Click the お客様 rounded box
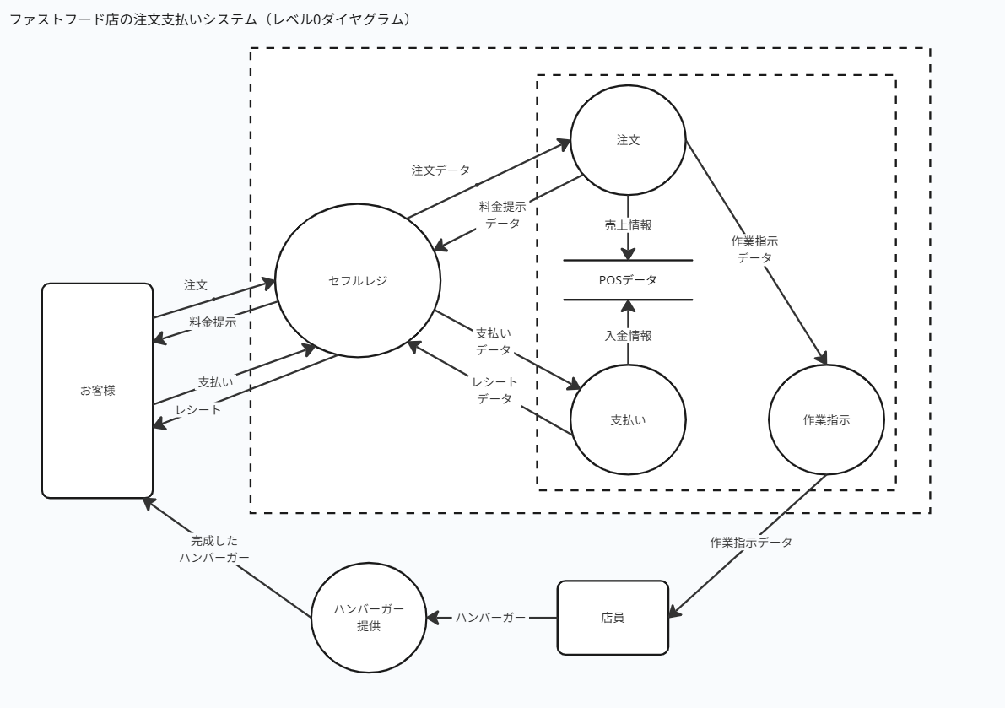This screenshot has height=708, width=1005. tap(97, 390)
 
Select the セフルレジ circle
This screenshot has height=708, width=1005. tap(358, 281)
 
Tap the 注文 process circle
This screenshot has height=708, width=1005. tap(628, 140)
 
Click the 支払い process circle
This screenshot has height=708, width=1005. tap(628, 420)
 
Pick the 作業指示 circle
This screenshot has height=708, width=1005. tap(826, 420)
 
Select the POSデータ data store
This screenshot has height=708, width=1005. tap(628, 279)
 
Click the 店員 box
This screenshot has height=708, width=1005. tap(613, 617)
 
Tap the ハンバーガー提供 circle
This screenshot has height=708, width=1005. tap(369, 619)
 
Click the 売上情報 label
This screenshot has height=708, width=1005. tap(628, 225)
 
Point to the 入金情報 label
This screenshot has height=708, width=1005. tap(628, 335)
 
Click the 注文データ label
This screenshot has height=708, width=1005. tap(440, 170)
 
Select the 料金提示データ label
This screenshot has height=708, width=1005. tap(502, 214)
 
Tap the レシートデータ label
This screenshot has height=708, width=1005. tap(494, 391)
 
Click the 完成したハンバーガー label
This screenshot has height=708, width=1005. tap(214, 549)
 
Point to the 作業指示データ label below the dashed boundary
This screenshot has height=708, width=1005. tap(751, 543)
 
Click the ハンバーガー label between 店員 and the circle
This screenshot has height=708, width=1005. tap(491, 618)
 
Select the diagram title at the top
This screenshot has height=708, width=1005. tap(208, 19)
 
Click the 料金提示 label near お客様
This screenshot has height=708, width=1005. tap(213, 322)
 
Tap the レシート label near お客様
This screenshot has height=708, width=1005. tap(198, 410)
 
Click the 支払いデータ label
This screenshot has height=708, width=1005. tap(494, 341)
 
